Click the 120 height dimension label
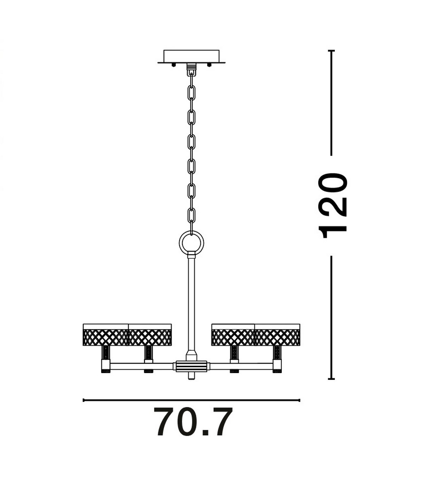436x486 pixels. click(333, 205)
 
